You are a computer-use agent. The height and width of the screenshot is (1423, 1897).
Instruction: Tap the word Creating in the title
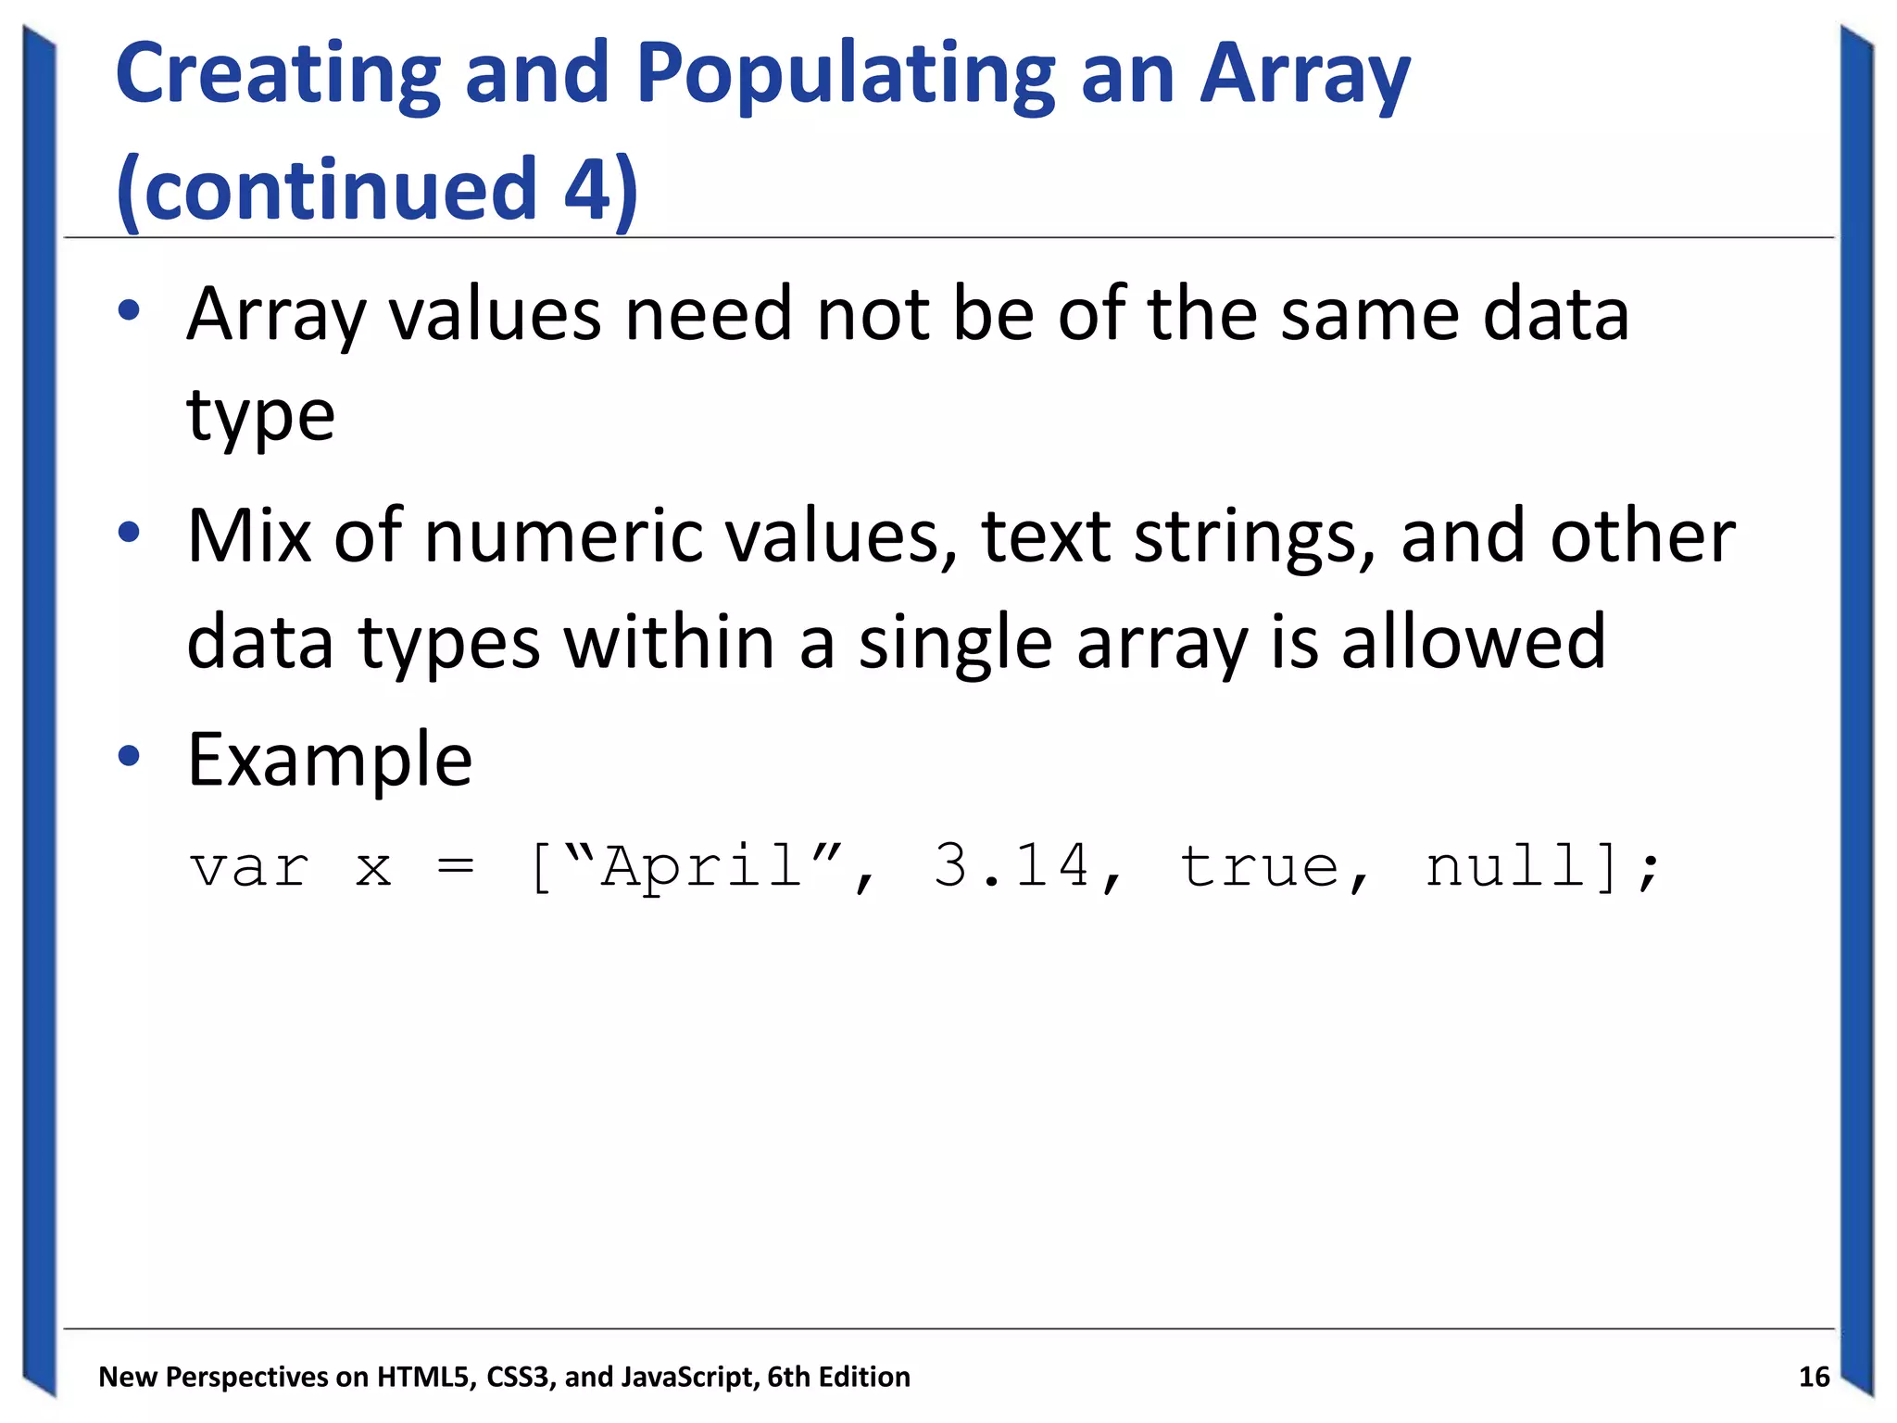278,76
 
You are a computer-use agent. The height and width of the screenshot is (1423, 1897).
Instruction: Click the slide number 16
1814,1377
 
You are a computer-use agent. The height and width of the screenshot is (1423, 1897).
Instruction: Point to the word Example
330,760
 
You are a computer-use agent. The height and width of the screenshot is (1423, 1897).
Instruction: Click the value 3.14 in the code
1011,866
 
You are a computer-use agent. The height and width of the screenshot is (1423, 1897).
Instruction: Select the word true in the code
1260,866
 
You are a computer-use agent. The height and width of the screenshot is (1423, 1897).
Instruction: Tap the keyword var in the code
249,868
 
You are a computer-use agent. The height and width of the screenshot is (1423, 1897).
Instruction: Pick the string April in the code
702,866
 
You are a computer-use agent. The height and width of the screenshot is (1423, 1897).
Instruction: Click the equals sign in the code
456,868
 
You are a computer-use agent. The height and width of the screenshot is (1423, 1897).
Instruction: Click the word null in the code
1506,866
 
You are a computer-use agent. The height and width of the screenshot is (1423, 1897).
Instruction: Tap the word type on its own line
260,416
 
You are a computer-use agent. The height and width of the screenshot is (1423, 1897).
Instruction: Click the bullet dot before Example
129,756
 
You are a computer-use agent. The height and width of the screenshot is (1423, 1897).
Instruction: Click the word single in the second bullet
955,643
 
